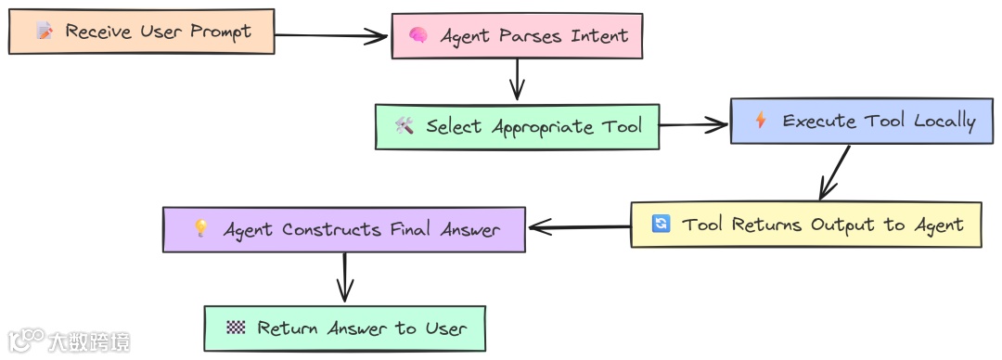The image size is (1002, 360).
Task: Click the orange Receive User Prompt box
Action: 141,32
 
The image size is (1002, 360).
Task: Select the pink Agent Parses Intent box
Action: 517,36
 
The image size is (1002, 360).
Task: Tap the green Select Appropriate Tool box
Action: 517,126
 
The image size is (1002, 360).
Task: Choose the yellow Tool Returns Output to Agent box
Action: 805,225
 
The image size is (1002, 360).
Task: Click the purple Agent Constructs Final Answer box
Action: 344,229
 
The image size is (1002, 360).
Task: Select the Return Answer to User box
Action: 344,328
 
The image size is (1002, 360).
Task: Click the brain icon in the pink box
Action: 418,36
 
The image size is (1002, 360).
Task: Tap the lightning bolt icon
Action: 761,121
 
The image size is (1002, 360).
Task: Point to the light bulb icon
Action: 200,229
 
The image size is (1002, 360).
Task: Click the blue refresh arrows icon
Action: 661,225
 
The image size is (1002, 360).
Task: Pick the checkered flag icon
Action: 235,328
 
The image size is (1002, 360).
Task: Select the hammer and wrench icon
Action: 404,126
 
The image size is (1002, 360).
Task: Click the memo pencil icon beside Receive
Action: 44,32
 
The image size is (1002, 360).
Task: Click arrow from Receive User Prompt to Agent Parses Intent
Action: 332,36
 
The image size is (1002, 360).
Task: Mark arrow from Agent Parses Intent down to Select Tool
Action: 517,81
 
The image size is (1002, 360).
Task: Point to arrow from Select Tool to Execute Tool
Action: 694,123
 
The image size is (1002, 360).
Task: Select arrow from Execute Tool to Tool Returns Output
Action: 834,172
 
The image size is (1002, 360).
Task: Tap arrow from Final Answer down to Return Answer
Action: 344,276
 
